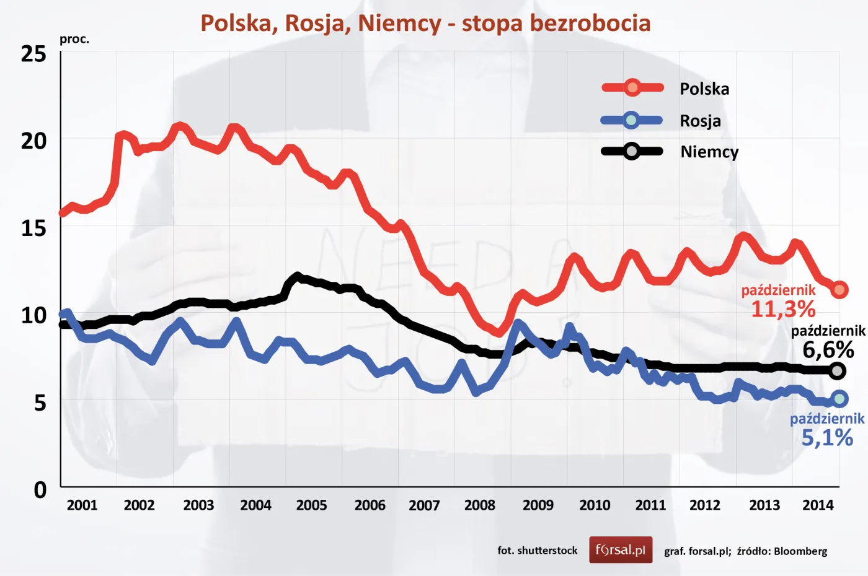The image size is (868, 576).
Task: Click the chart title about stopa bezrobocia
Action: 425,24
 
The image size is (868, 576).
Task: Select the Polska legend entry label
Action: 704,89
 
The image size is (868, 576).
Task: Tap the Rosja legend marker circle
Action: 631,120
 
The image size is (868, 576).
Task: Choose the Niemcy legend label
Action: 709,152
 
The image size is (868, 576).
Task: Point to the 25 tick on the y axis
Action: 33,55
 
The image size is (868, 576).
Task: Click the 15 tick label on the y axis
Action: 33,229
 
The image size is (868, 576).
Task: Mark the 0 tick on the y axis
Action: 40,490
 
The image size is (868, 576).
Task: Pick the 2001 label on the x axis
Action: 82,505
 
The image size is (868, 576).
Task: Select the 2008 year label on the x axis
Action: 479,505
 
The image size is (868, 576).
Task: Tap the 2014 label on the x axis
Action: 818,505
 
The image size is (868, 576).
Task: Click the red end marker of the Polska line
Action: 839,289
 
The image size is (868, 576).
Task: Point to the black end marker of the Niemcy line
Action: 838,371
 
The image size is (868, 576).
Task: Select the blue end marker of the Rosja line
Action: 839,399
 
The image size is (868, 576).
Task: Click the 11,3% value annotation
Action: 783,308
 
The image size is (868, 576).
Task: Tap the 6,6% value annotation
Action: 828,350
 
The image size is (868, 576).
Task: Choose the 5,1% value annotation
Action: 827,438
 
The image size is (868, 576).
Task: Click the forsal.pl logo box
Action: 621,550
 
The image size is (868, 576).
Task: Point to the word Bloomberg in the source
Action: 800,551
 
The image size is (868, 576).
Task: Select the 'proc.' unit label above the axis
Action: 74,39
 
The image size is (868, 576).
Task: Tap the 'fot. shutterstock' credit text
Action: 537,551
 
